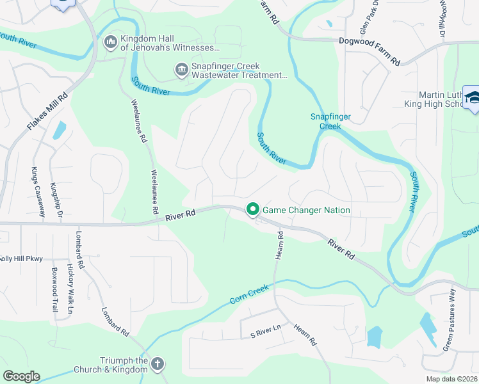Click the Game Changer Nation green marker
point(253,209)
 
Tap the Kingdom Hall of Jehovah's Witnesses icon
point(110,42)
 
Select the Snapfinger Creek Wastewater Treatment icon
point(181,69)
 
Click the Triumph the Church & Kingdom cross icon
point(158,364)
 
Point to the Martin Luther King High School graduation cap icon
point(472,98)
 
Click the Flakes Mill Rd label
point(48,109)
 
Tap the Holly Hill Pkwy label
point(22,259)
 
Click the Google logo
point(22,376)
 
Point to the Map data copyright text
point(451,379)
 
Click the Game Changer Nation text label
point(307,210)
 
